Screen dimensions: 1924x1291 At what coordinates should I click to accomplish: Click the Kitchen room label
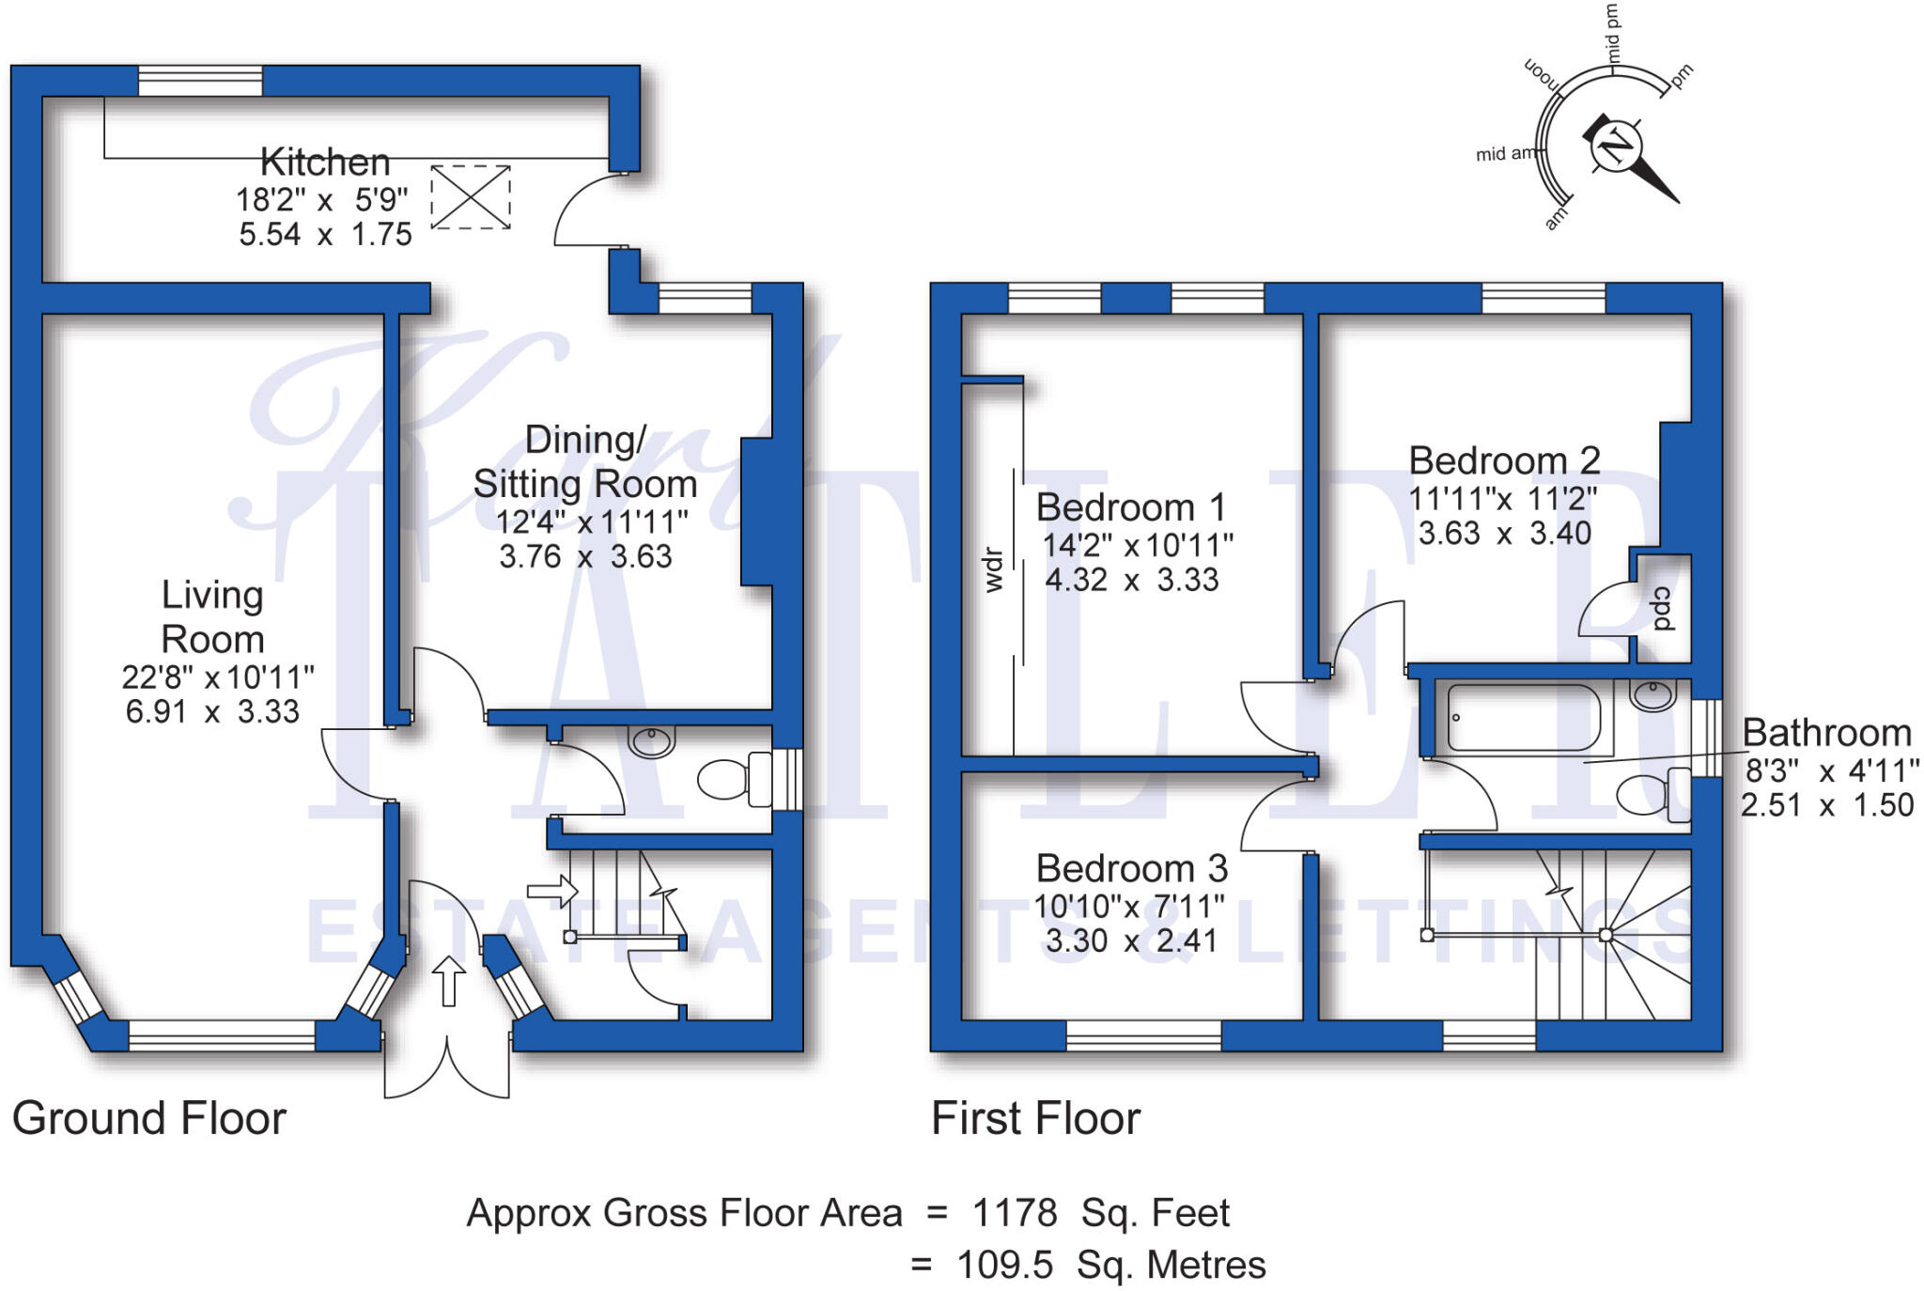[325, 163]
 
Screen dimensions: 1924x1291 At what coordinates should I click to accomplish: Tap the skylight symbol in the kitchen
[471, 197]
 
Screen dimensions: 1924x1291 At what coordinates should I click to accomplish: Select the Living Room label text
[213, 616]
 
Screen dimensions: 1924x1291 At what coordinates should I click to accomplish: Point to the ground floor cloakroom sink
[652, 741]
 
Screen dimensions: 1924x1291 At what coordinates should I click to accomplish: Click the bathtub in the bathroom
[1524, 718]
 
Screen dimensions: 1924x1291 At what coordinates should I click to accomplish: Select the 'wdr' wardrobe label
[994, 570]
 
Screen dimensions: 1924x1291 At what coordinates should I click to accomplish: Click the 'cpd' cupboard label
[1664, 609]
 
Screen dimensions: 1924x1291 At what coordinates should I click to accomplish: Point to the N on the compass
[1616, 147]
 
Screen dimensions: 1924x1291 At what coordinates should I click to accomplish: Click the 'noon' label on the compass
[1541, 74]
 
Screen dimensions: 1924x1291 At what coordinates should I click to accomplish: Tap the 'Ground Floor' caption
[149, 1118]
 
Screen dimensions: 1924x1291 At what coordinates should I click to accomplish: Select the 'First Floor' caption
[1035, 1118]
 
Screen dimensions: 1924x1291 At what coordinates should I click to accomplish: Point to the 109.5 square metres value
[1004, 1265]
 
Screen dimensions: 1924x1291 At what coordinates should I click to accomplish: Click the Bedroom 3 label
[1132, 868]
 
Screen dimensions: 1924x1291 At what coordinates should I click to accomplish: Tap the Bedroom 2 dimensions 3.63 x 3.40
[1505, 534]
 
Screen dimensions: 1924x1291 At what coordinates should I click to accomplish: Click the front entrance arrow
[449, 981]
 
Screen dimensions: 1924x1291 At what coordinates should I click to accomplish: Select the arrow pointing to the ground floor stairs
[552, 890]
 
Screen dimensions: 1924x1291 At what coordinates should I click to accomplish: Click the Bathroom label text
[1827, 733]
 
